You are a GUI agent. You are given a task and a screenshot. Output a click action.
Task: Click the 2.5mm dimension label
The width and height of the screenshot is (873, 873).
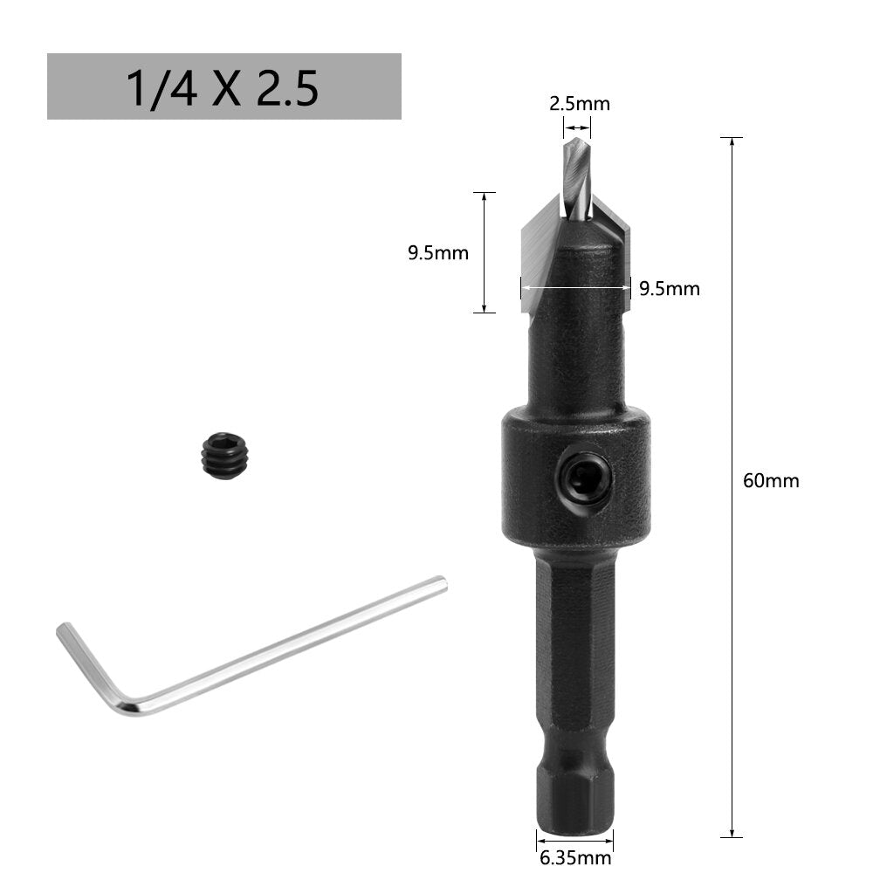[579, 104]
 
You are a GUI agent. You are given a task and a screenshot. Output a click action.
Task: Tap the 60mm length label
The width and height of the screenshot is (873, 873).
[770, 480]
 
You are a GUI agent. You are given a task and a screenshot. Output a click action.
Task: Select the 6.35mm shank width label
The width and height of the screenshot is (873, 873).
[574, 858]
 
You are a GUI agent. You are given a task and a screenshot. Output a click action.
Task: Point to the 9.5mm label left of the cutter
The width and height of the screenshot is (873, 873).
[437, 254]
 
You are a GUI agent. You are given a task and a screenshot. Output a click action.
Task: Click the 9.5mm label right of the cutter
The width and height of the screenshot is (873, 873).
[669, 289]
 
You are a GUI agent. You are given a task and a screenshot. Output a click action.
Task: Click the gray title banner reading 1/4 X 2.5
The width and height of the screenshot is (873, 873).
[223, 86]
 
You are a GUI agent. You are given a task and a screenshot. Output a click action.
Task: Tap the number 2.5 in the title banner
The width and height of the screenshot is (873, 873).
[286, 88]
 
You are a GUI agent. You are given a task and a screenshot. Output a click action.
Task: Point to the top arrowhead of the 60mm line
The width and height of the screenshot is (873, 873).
[732, 141]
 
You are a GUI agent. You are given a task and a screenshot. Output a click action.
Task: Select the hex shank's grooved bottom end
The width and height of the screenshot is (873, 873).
[574, 794]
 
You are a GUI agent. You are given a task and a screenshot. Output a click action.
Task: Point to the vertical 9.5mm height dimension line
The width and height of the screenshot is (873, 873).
[484, 253]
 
